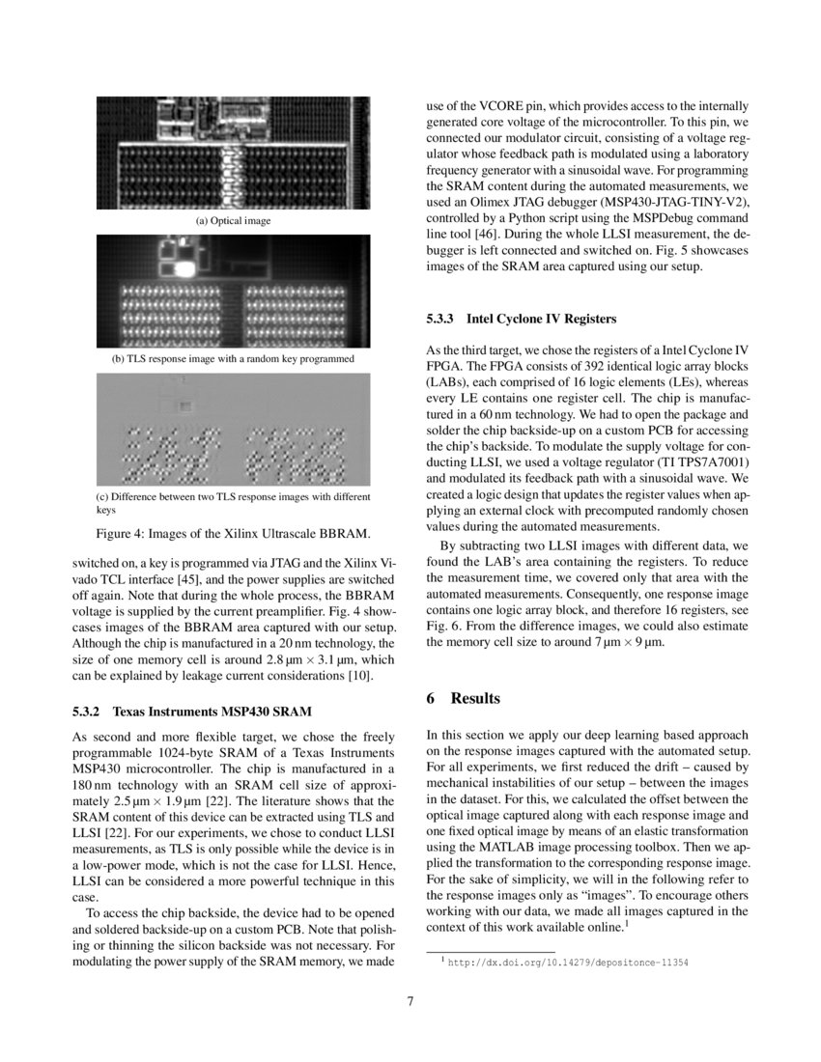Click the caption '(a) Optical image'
coord(233,221)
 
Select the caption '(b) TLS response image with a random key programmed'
coord(233,358)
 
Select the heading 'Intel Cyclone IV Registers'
coord(541,318)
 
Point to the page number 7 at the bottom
coord(410,1001)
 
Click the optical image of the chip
coord(233,152)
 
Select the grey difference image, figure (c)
coord(233,430)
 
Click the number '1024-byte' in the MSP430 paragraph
coord(168,752)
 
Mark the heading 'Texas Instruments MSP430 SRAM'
coord(212,713)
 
